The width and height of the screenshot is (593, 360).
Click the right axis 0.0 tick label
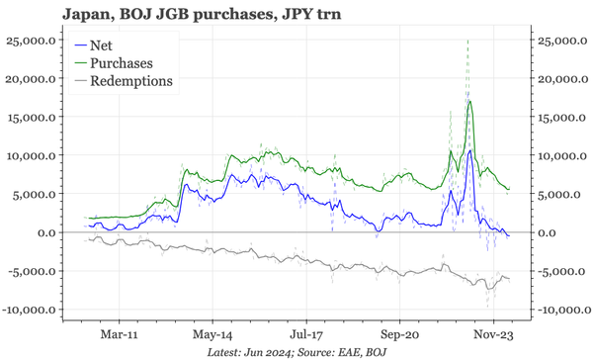point(550,232)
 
